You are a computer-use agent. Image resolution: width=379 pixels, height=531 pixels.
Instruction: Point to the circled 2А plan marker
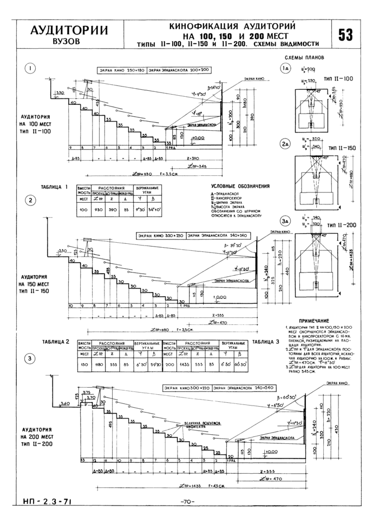click(x=286, y=144)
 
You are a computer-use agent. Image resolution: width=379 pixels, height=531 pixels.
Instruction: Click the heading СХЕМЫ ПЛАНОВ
click(x=304, y=57)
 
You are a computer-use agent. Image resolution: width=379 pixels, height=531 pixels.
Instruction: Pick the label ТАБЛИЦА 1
click(x=55, y=188)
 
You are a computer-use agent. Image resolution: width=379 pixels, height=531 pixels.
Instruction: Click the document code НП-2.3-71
click(x=47, y=501)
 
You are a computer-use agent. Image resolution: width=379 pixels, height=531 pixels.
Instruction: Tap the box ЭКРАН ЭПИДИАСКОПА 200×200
click(x=179, y=70)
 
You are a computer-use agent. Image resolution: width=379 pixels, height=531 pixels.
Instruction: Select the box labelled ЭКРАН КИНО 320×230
click(x=160, y=236)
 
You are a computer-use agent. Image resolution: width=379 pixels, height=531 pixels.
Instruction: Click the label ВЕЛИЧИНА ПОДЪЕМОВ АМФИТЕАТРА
click(x=200, y=424)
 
